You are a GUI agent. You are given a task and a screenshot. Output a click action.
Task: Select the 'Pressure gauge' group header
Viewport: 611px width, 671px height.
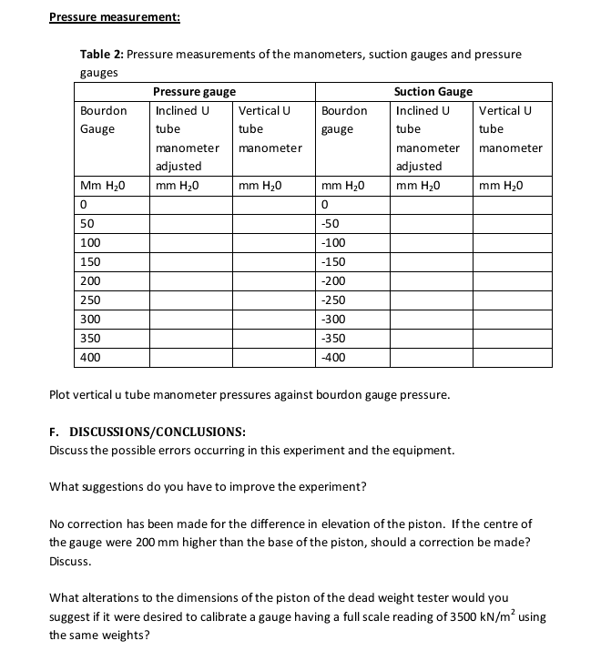point(194,91)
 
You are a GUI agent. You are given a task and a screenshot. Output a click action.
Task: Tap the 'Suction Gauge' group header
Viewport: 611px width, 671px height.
point(433,91)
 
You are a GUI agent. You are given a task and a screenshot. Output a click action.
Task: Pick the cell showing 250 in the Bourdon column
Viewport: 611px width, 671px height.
point(90,300)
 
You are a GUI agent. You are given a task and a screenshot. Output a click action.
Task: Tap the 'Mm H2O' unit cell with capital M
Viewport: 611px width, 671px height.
point(101,186)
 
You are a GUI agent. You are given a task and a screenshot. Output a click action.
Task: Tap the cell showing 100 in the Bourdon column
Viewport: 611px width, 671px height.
point(90,242)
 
